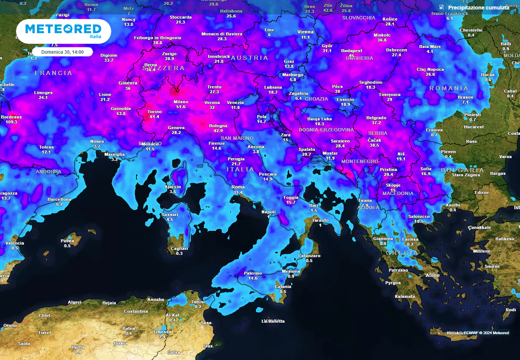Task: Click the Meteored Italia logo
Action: click(63, 30)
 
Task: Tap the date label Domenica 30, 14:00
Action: click(62, 52)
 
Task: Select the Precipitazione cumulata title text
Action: click(478, 7)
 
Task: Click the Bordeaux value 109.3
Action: click(11, 122)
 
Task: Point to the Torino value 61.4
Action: click(154, 117)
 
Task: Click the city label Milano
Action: click(181, 102)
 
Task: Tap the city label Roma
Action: click(238, 187)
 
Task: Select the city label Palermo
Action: click(253, 273)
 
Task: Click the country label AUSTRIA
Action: click(250, 58)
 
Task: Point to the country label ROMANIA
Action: click(449, 88)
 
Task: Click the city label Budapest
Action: click(351, 51)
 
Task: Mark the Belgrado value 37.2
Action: click(376, 123)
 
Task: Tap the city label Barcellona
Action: click(59, 199)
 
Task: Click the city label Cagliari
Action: click(179, 248)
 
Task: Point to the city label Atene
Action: click(432, 275)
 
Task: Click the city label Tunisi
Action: click(198, 302)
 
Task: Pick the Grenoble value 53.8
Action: click(121, 114)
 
